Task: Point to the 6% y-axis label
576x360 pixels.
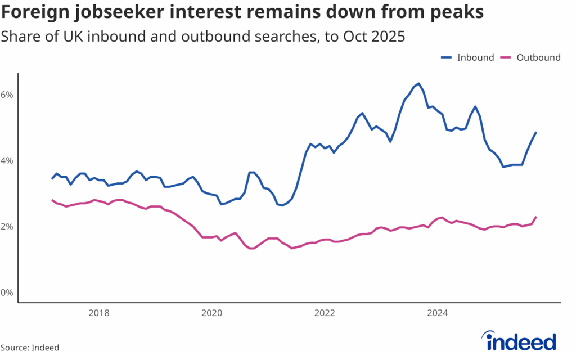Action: point(7,94)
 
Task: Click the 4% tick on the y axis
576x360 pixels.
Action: point(7,161)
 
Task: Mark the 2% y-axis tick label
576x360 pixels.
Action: point(7,227)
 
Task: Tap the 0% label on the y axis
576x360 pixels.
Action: point(7,293)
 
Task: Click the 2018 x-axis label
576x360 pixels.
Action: point(98,313)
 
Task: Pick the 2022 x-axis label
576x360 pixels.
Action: point(325,313)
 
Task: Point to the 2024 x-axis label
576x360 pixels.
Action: point(438,313)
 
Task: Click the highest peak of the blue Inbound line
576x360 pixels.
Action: point(418,83)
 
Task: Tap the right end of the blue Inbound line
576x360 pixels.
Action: point(536,132)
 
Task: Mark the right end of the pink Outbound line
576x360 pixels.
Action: point(536,217)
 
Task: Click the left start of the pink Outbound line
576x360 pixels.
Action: point(52,200)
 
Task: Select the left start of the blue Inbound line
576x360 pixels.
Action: point(52,178)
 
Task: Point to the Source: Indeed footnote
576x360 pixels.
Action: point(30,348)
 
